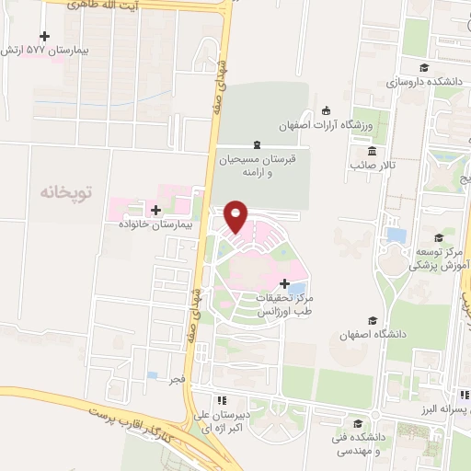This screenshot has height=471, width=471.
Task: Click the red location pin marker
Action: point(236,215)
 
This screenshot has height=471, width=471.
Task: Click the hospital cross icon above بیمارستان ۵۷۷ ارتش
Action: point(43,36)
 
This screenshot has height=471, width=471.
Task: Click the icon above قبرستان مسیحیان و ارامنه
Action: point(257,144)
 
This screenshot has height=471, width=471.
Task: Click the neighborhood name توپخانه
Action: point(67,192)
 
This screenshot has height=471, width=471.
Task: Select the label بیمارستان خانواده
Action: point(155,224)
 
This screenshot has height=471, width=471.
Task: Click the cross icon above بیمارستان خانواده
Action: point(155,211)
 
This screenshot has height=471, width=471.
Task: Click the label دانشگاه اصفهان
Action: point(373,335)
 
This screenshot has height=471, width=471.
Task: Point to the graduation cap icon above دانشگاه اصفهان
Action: point(373,321)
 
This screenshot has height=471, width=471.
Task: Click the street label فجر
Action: point(177,379)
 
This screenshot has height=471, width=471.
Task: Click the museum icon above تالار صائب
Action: point(372,152)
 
